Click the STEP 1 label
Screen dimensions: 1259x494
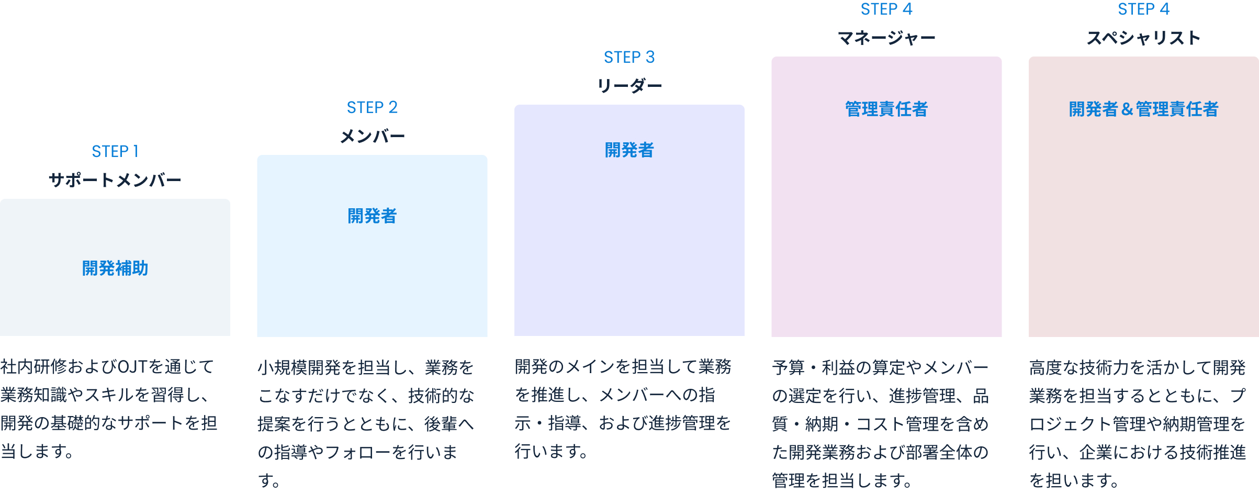[x=115, y=151]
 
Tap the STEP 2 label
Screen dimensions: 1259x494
[x=372, y=107]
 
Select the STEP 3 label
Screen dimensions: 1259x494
[x=629, y=57]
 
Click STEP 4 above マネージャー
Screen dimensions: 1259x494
[x=886, y=9]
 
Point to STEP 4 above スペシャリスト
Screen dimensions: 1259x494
[x=1143, y=9]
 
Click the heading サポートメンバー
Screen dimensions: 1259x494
[x=115, y=180]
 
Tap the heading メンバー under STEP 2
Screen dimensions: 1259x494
[x=372, y=137]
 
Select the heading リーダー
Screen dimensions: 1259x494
[x=629, y=86]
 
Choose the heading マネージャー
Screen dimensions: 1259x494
[x=886, y=38]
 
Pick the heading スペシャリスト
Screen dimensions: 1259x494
[x=1143, y=38]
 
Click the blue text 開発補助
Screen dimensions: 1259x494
[x=115, y=268]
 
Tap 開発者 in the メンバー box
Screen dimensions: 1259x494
[x=372, y=216]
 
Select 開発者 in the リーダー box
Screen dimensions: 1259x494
[x=629, y=150]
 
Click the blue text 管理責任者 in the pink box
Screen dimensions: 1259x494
[x=886, y=109]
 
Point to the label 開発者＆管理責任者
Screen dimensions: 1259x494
[x=1143, y=109]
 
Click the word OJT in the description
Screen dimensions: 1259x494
[x=132, y=366]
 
